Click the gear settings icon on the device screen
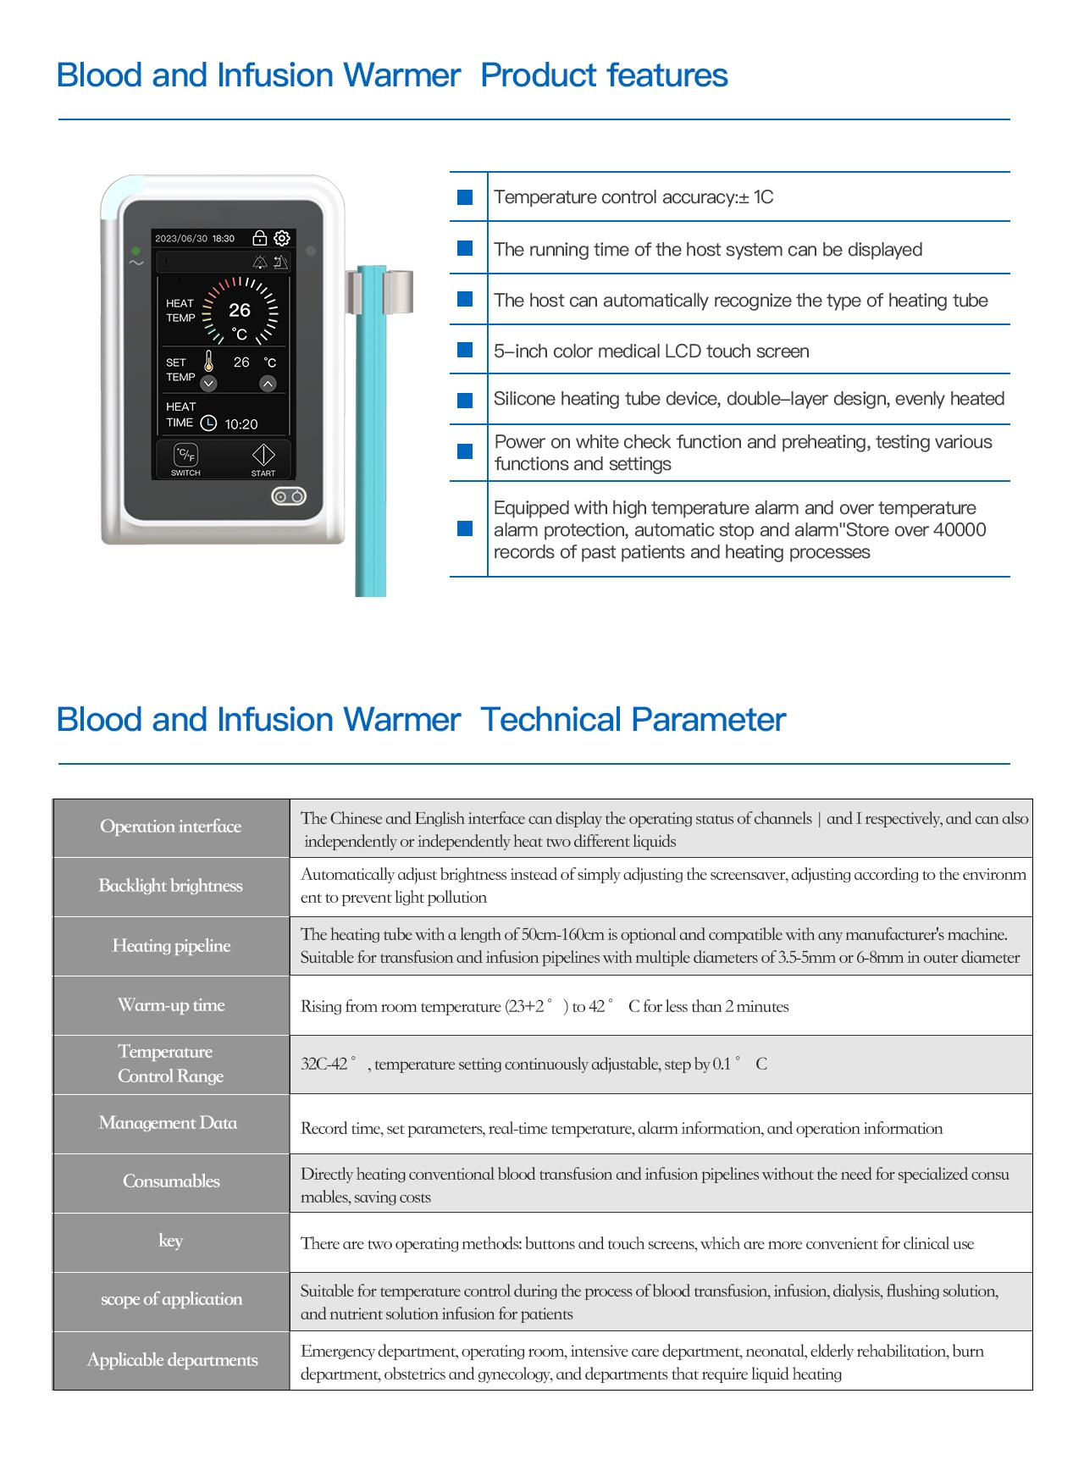[282, 238]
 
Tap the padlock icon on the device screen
[260, 238]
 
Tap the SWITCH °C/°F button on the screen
[185, 456]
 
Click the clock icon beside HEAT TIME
[208, 423]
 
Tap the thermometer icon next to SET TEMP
[209, 362]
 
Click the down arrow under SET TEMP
[209, 384]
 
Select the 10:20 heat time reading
[241, 424]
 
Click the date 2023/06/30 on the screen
[181, 239]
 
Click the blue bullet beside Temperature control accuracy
[465, 197]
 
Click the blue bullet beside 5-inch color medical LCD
[465, 350]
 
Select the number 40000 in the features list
[960, 530]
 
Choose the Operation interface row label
[171, 827]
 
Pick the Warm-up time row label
[171, 1005]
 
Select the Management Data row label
[168, 1123]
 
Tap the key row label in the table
[171, 1241]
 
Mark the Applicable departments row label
[172, 1360]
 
